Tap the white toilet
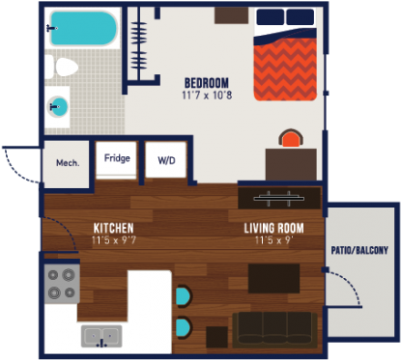point(64,68)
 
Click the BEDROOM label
point(206,82)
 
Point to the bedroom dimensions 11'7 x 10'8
point(206,96)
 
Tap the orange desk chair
point(290,140)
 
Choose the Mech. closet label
point(67,162)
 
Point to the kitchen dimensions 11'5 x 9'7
point(113,239)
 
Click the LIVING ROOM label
point(274,228)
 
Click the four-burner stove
point(62,284)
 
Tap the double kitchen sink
point(100,337)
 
